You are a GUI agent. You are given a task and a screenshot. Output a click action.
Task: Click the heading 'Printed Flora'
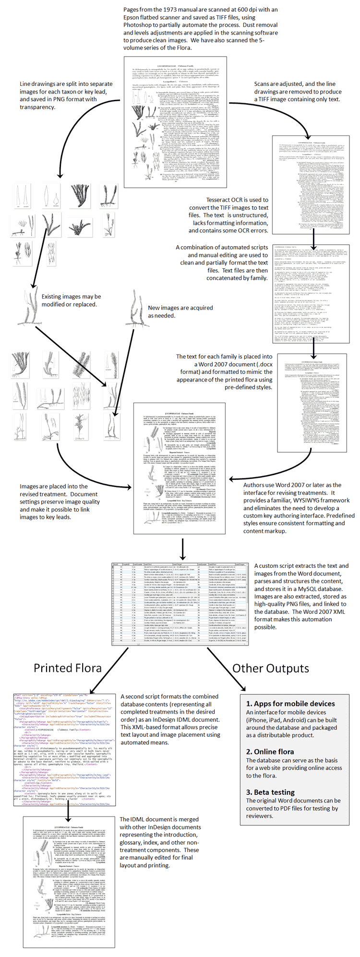coord(68,668)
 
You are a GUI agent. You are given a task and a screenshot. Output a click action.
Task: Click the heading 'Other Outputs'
coord(271,668)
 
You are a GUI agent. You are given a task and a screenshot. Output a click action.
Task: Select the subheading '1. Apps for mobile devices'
coord(290,703)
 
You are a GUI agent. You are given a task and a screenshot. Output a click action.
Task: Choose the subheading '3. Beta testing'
coord(270,792)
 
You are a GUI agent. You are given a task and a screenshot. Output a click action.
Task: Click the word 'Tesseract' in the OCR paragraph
coord(221,200)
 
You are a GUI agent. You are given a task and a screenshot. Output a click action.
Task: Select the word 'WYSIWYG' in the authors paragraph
coord(283,500)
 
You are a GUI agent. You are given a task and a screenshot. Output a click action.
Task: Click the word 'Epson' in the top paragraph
coord(133,17)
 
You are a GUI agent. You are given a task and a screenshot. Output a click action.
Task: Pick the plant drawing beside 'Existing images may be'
coord(28,303)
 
